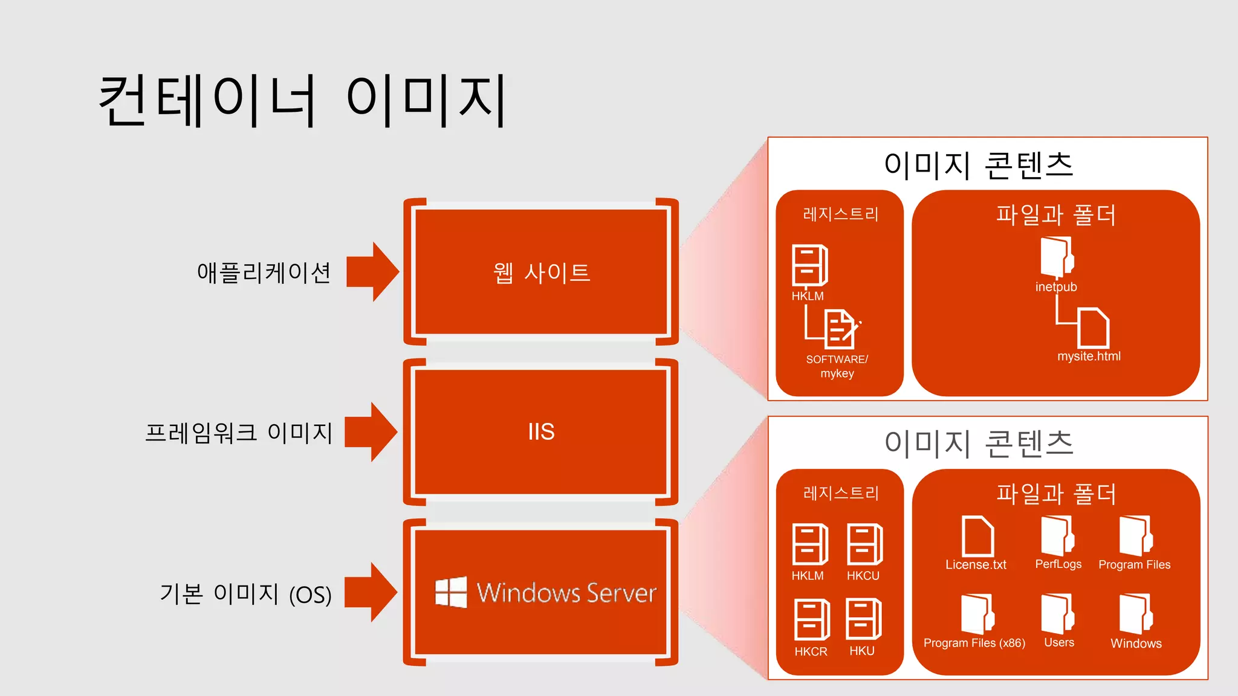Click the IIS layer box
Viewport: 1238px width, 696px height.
541,432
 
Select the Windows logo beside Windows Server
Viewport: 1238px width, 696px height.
451,592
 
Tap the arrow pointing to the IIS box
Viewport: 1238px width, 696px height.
371,432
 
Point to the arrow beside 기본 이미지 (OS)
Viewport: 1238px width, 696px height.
371,592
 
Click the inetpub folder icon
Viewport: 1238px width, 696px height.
1057,257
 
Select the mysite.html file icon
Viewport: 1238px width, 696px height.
1093,328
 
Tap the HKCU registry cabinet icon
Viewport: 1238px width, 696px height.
864,544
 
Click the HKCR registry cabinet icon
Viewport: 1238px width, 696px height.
811,619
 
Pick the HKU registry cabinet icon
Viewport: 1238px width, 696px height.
863,619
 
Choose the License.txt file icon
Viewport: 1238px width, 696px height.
977,536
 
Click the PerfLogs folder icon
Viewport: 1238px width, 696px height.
1057,536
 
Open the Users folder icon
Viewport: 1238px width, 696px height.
1057,614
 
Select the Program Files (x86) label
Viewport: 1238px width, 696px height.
974,643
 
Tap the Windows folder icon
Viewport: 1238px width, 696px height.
1135,614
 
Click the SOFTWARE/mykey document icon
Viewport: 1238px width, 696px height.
841,329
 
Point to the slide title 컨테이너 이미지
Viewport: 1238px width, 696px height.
302,100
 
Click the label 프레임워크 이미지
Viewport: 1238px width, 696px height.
239,433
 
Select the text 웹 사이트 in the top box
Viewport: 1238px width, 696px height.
541,272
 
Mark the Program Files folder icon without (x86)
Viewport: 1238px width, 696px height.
1135,536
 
